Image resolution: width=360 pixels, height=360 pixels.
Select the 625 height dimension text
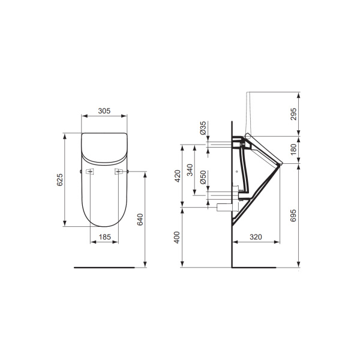pyautogui.click(x=59, y=180)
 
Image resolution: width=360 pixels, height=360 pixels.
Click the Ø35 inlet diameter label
pyautogui.click(x=203, y=128)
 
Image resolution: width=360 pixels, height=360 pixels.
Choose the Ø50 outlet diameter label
pyautogui.click(x=203, y=178)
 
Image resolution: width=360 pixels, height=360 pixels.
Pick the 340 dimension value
pyautogui.click(x=190, y=170)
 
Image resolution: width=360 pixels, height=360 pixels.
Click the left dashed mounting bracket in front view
pyautogui.click(x=89, y=172)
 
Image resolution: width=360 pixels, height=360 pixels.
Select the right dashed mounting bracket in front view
pyautogui.click(x=119, y=172)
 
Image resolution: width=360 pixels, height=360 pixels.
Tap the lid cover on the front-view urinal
pyautogui.click(x=104, y=147)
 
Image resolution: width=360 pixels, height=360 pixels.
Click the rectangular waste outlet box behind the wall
pyautogui.click(x=224, y=206)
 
